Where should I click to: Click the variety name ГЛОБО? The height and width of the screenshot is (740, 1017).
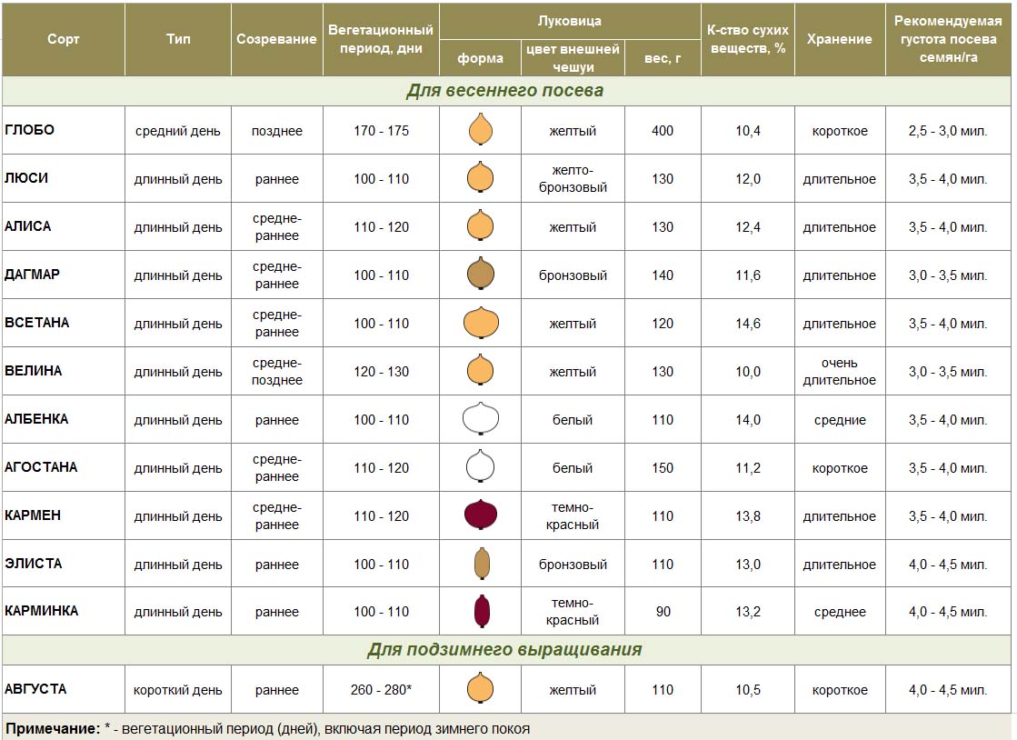click(30, 130)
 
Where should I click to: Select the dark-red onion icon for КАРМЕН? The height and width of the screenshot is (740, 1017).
click(480, 515)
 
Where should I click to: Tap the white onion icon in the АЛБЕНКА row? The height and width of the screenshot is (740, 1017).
click(481, 419)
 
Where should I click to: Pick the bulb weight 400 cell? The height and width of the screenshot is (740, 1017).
click(663, 131)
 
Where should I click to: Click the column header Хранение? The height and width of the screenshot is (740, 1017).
click(839, 39)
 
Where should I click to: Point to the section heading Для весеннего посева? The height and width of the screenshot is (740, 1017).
click(504, 91)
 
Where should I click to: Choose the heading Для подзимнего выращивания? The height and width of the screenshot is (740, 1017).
click(504, 650)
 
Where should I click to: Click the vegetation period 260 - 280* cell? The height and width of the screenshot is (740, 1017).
click(381, 690)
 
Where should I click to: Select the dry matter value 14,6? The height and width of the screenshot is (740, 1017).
click(748, 324)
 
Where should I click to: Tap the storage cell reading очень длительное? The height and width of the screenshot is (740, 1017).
click(839, 372)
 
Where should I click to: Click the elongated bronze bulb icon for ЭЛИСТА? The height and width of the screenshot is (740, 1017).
click(481, 565)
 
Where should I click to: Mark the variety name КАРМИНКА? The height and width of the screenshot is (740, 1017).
click(42, 611)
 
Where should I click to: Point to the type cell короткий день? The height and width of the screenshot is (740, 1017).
click(178, 690)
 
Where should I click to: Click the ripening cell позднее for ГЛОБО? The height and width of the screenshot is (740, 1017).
click(277, 131)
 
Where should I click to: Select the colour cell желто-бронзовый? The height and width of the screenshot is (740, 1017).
click(573, 179)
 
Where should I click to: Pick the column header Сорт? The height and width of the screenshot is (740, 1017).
click(64, 39)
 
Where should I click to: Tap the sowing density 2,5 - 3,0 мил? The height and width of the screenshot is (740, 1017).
click(947, 131)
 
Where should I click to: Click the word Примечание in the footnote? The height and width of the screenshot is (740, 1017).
click(52, 729)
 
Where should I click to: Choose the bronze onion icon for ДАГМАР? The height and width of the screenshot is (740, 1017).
click(481, 274)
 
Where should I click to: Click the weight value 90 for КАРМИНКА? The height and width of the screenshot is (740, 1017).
click(663, 612)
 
